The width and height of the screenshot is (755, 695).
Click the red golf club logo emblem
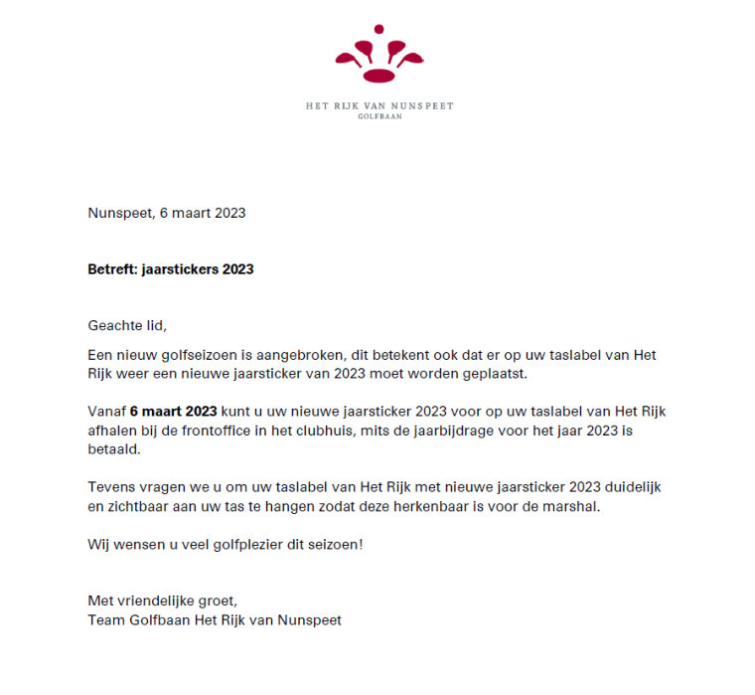click(x=378, y=56)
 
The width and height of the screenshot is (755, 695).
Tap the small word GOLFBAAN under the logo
click(x=379, y=116)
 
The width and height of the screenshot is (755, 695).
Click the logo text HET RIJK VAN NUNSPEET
click(x=379, y=105)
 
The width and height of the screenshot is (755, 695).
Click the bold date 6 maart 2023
click(x=173, y=412)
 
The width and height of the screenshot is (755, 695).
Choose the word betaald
click(x=111, y=449)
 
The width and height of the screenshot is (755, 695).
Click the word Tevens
click(x=109, y=487)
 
